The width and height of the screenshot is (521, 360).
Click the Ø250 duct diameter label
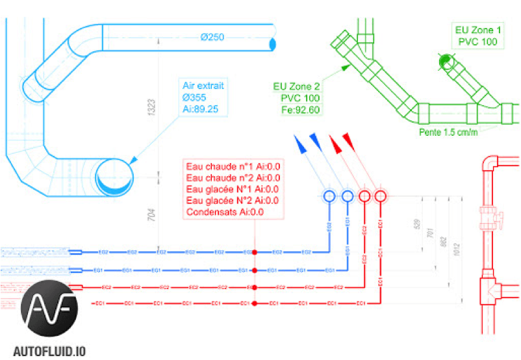[212, 37]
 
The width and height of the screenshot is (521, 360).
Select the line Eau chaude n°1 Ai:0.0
[233, 166]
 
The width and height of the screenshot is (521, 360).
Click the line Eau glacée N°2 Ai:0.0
[233, 200]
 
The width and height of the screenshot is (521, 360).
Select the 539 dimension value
[416, 225]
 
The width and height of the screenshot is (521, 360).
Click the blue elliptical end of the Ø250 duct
[272, 44]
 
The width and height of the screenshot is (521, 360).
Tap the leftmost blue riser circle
[329, 196]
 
